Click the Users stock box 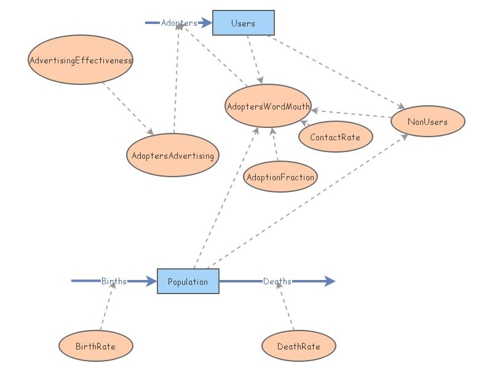pyautogui.click(x=243, y=23)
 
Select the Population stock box pyautogui.click(x=188, y=282)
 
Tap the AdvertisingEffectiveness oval pyautogui.click(x=81, y=60)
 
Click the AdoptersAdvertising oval pyautogui.click(x=173, y=156)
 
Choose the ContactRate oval pyautogui.click(x=335, y=137)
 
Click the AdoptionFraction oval pyautogui.click(x=280, y=177)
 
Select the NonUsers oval pyautogui.click(x=427, y=122)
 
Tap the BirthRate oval pyautogui.click(x=95, y=346)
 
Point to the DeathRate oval pyautogui.click(x=299, y=346)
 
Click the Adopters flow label pyautogui.click(x=179, y=23)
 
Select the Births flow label pyautogui.click(x=114, y=281)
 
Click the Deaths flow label pyautogui.click(x=277, y=281)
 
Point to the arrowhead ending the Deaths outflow pyautogui.click(x=330, y=281)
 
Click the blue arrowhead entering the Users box pyautogui.click(x=207, y=23)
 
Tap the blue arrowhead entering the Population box pyautogui.click(x=152, y=281)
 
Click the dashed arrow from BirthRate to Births pyautogui.click(x=107, y=308)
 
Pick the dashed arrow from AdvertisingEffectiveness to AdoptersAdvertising pyautogui.click(x=128, y=108)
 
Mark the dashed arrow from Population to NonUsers pyautogui.click(x=307, y=201)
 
